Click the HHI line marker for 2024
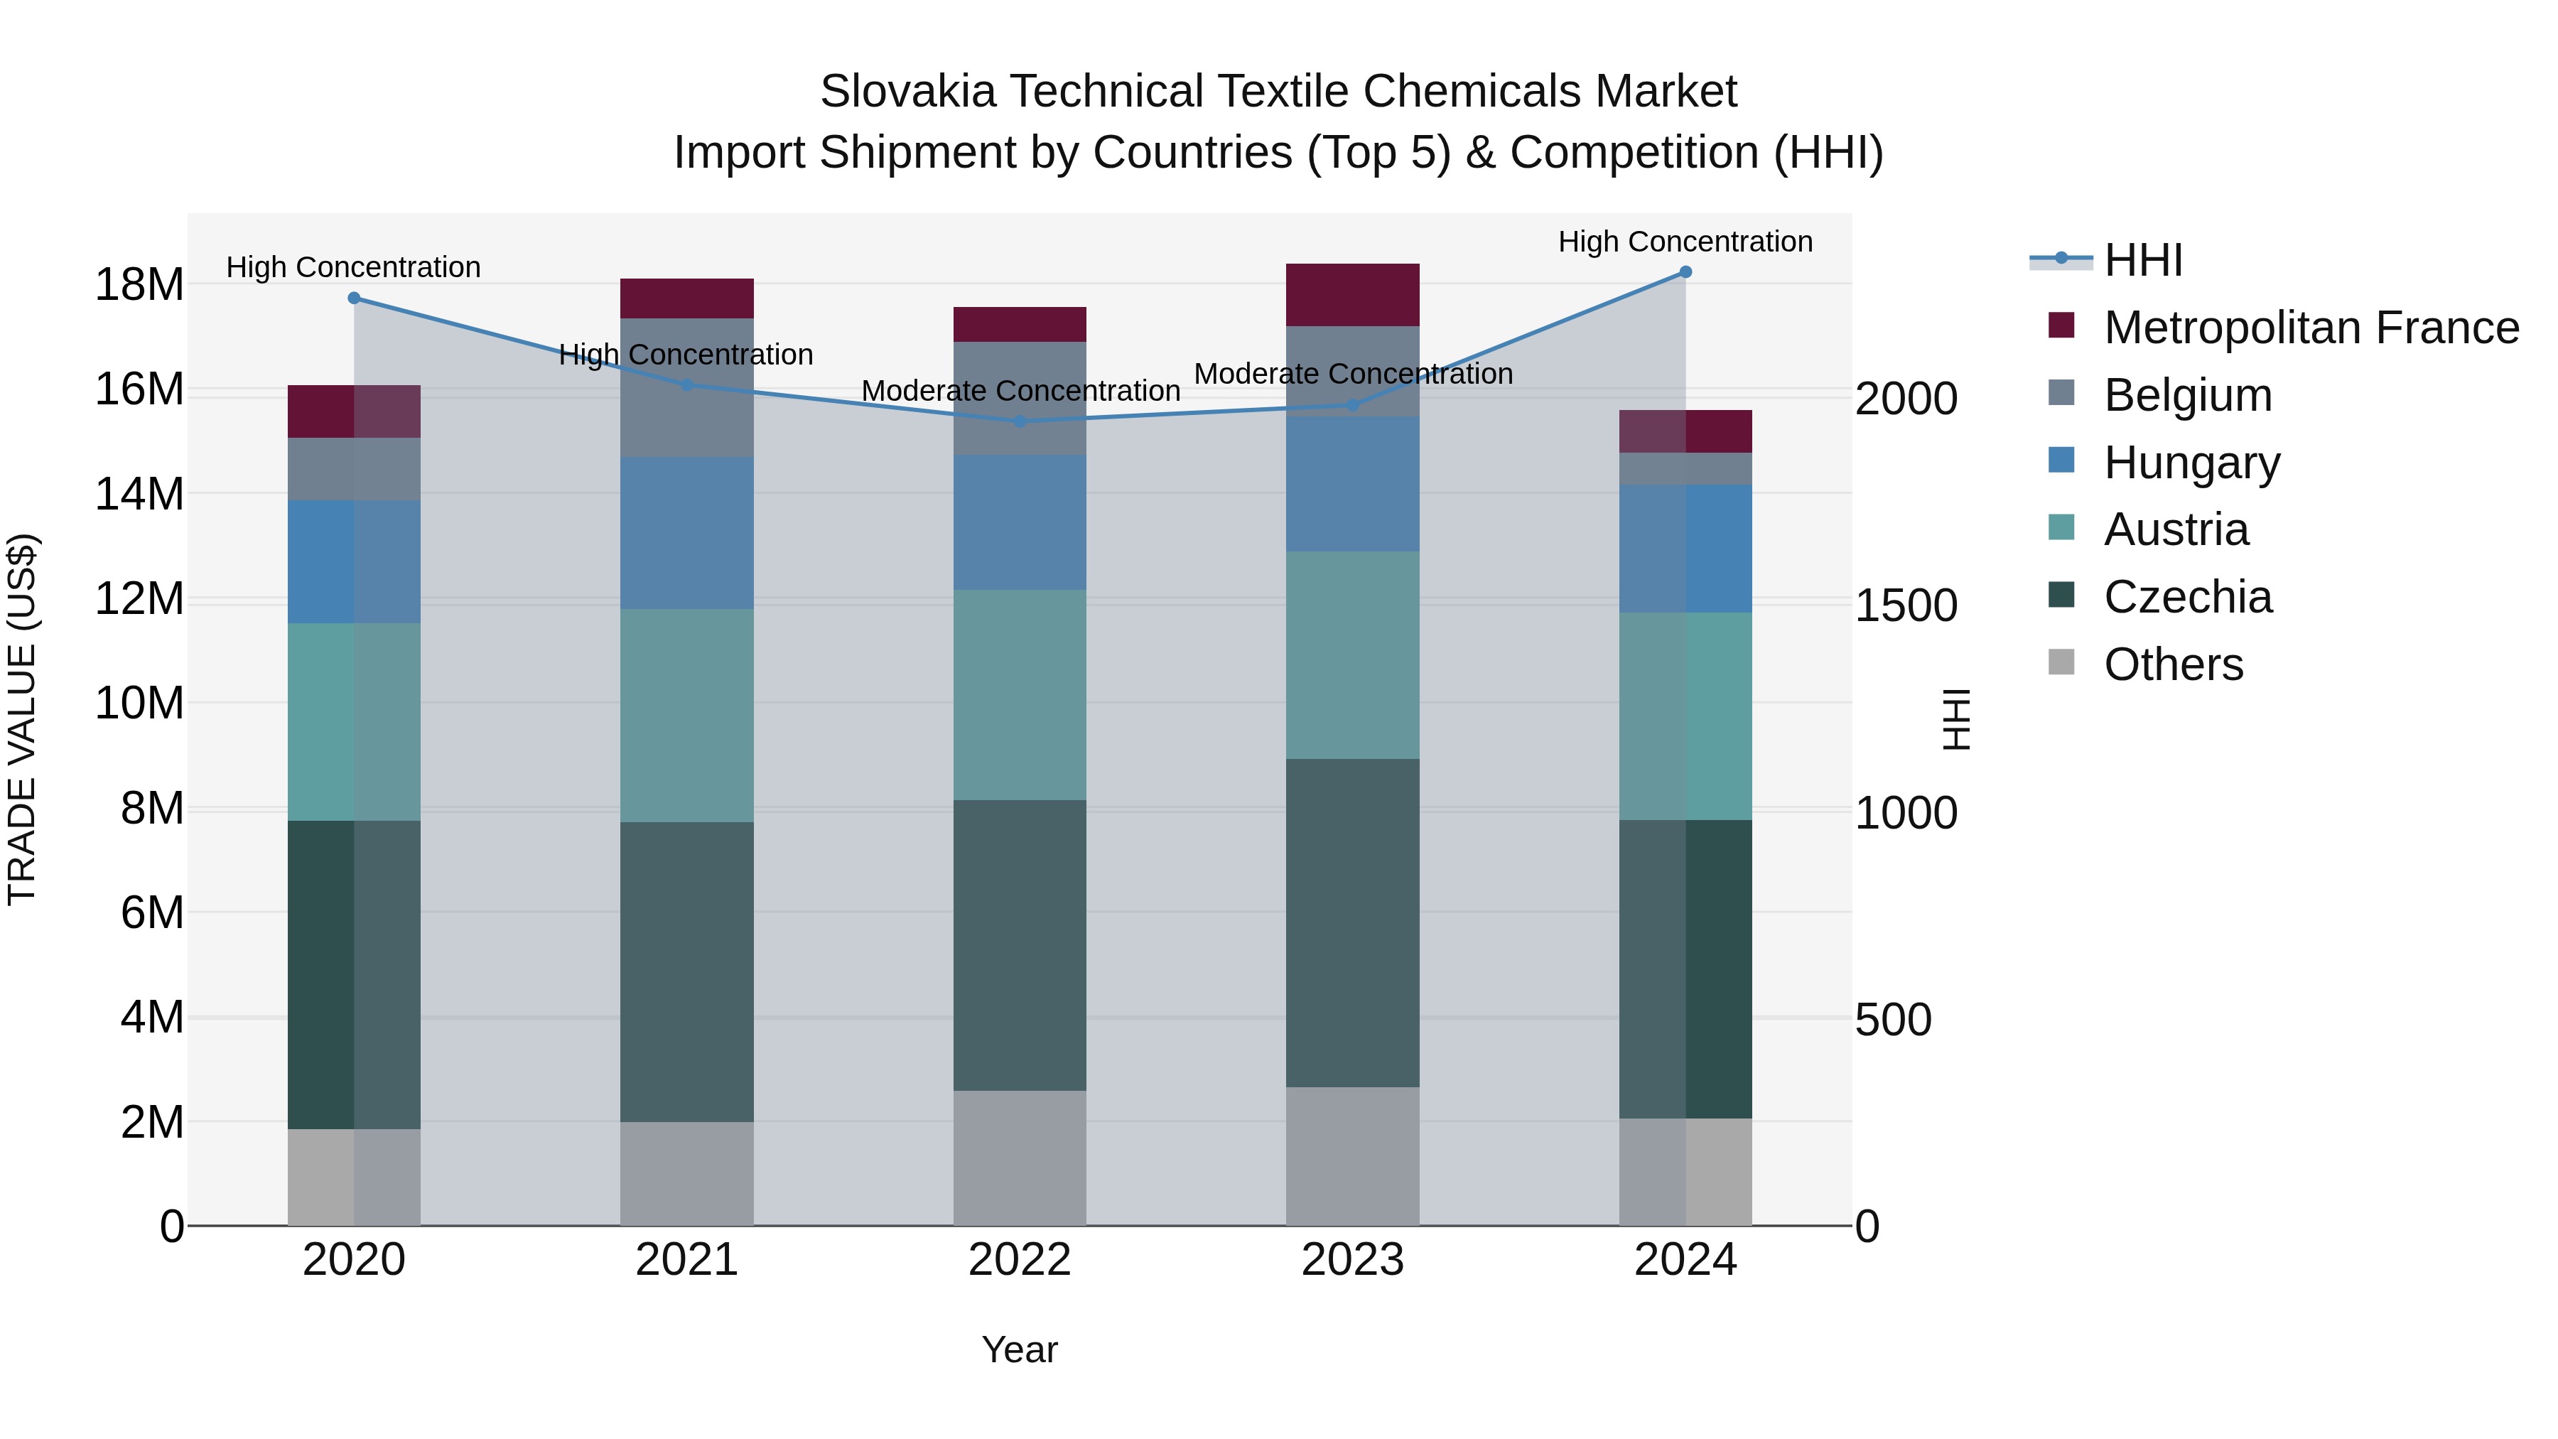pyautogui.click(x=1685, y=272)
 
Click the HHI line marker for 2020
pyautogui.click(x=354, y=298)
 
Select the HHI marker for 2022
pyautogui.click(x=1020, y=421)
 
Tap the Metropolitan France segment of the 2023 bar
pyautogui.click(x=1352, y=295)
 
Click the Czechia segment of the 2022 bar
pyautogui.click(x=1020, y=945)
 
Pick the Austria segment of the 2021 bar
pyautogui.click(x=686, y=715)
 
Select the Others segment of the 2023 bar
pyautogui.click(x=1352, y=1156)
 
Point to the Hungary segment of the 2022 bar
pyautogui.click(x=1020, y=522)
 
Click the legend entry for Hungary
pyautogui.click(x=2191, y=463)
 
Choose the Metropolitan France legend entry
pyautogui.click(x=2310, y=328)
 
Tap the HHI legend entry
pyautogui.click(x=2143, y=260)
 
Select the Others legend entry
pyautogui.click(x=2173, y=664)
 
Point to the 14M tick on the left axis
pyautogui.click(x=139, y=494)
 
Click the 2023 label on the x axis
pyautogui.click(x=1352, y=1260)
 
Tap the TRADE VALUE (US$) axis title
pyautogui.click(x=23, y=719)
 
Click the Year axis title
pyautogui.click(x=1020, y=1349)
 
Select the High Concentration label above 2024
pyautogui.click(x=1685, y=242)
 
